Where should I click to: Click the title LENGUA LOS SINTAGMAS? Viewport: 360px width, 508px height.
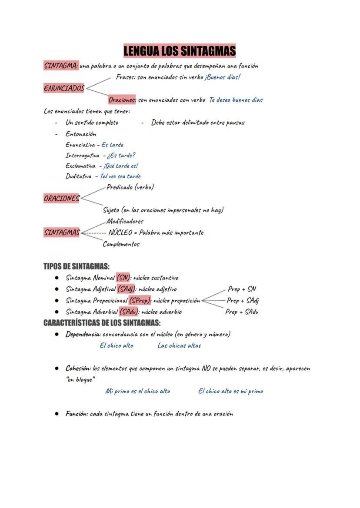coord(180,51)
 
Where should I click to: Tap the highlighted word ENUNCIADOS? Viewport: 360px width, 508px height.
coord(64,88)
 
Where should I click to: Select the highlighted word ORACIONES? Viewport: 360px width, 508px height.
coord(62,198)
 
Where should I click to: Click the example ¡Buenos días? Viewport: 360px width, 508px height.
coord(223,77)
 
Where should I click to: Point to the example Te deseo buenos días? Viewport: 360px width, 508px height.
coord(236,100)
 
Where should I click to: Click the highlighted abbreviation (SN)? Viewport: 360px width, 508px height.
coord(123,278)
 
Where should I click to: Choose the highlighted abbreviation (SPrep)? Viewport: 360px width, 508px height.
coord(140,300)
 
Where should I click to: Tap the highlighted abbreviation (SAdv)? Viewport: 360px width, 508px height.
coord(129,312)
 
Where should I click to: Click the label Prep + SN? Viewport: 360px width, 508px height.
coord(242,289)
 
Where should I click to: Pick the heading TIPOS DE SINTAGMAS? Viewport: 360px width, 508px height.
coord(76,266)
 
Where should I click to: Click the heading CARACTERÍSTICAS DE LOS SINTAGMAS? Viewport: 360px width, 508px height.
coord(102,323)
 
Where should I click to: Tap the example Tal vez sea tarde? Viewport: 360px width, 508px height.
coord(120,176)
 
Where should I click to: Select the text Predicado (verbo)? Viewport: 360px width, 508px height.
coord(130,187)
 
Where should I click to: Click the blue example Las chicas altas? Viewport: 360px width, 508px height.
coord(179,345)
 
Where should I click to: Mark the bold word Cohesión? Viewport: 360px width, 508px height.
coord(78,368)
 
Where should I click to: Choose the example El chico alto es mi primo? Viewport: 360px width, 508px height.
coord(230,391)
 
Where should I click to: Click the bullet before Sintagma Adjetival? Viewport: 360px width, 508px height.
coord(57,289)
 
